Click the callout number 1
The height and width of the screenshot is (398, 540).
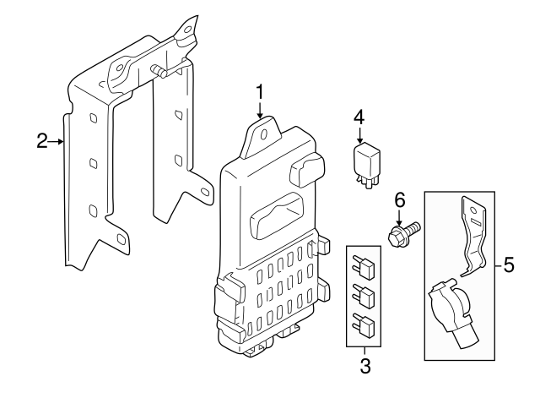(x=261, y=90)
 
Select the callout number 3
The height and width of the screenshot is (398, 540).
(x=364, y=366)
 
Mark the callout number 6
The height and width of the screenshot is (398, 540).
(x=400, y=199)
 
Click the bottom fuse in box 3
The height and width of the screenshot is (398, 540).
(x=365, y=322)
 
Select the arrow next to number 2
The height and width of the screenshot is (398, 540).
(x=60, y=141)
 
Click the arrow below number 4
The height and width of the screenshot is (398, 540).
(x=359, y=134)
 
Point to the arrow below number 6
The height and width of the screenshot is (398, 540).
(x=400, y=215)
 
